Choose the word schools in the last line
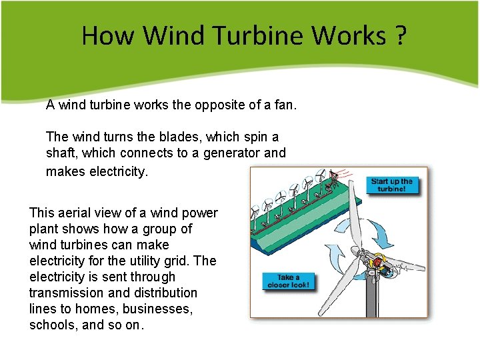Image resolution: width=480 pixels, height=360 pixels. point(53,325)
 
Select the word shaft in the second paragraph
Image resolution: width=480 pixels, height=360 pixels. point(60,153)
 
